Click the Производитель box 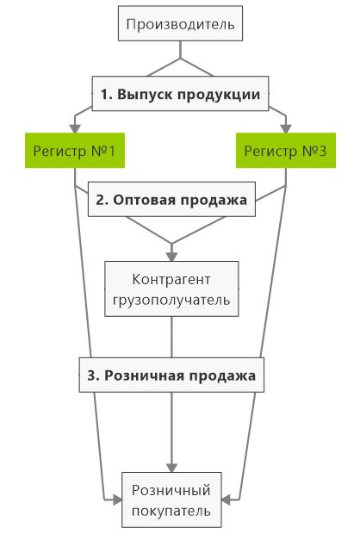point(180,23)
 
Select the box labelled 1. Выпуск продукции point(180,94)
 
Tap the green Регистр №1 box point(75,151)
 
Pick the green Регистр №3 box point(286,151)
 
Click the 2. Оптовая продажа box point(171,199)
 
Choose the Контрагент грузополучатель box point(171,289)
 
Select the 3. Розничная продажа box point(171,375)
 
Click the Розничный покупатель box point(171,500)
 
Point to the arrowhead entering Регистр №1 point(75,128)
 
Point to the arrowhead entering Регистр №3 point(286,128)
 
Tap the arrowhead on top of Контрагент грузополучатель point(171,257)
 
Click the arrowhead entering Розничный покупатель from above point(171,468)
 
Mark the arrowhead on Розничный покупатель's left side point(117,500)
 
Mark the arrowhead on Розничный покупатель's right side point(226,500)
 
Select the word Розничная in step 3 point(144,375)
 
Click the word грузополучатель point(171,301)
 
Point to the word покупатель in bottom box point(171,512)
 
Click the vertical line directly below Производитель point(180,50)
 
